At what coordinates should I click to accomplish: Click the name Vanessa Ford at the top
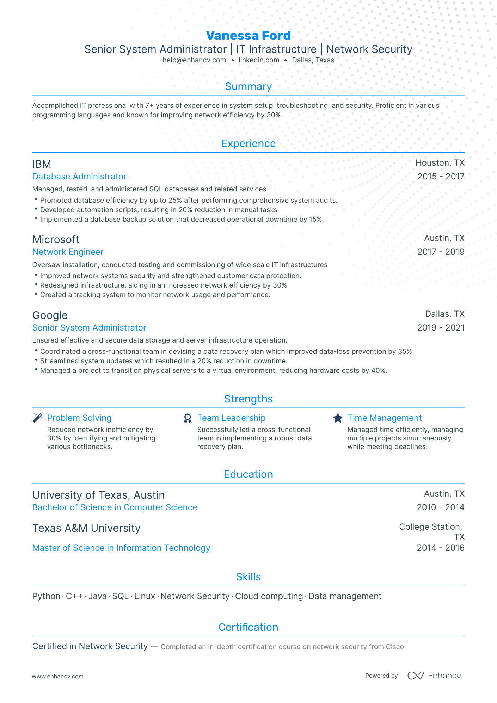tap(248, 36)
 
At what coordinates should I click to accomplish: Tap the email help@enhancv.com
tap(194, 60)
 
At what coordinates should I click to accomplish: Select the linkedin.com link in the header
tap(259, 60)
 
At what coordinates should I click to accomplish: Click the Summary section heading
tap(248, 87)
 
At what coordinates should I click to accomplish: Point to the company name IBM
tap(42, 164)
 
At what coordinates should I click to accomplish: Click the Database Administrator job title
tap(79, 177)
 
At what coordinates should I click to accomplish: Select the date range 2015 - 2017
tap(441, 177)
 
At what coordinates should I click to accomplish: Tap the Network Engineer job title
tap(68, 252)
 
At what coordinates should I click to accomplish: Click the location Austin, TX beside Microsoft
tap(444, 239)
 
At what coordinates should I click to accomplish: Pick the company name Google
tap(50, 315)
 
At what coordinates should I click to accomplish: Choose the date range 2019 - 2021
tap(441, 328)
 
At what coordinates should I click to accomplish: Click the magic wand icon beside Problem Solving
tap(37, 418)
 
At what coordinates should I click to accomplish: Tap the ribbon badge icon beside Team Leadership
tap(188, 418)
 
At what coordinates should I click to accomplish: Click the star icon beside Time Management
tap(338, 418)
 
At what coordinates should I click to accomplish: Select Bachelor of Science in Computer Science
tap(115, 507)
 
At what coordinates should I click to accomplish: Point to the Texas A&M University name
tap(86, 528)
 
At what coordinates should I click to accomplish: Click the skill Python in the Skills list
tap(46, 596)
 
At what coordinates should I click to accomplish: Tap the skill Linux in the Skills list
tap(145, 596)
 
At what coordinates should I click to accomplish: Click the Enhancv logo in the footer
tap(434, 676)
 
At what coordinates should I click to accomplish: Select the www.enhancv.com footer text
tap(58, 677)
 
